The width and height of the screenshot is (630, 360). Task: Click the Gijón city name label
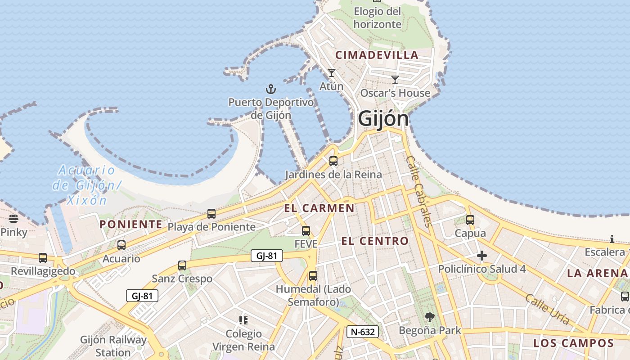click(x=383, y=119)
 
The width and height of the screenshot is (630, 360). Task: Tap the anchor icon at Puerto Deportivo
click(x=270, y=89)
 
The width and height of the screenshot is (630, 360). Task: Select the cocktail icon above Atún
click(x=332, y=73)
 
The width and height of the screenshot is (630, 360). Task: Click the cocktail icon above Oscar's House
click(x=395, y=80)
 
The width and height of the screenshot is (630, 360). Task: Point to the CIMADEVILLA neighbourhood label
click(x=377, y=55)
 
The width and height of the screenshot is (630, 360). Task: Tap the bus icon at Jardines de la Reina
click(x=333, y=161)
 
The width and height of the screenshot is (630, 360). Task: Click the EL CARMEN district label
click(x=319, y=208)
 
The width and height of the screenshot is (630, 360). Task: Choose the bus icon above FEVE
click(x=306, y=231)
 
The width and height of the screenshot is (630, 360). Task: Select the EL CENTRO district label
click(x=375, y=241)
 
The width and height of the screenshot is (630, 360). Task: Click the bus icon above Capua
click(x=470, y=220)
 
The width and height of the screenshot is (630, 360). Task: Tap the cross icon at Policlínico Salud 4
click(x=482, y=256)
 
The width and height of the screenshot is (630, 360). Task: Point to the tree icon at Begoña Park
click(x=430, y=317)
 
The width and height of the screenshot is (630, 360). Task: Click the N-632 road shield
click(x=363, y=332)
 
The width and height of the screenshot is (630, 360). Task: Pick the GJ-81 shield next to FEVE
click(x=267, y=256)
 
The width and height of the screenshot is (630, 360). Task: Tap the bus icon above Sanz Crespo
click(x=182, y=265)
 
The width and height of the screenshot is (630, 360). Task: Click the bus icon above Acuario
click(x=121, y=245)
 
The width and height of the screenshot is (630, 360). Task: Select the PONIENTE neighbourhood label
click(x=130, y=224)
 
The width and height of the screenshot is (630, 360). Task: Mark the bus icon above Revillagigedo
click(x=43, y=258)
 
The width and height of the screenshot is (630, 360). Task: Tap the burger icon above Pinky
click(x=13, y=219)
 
